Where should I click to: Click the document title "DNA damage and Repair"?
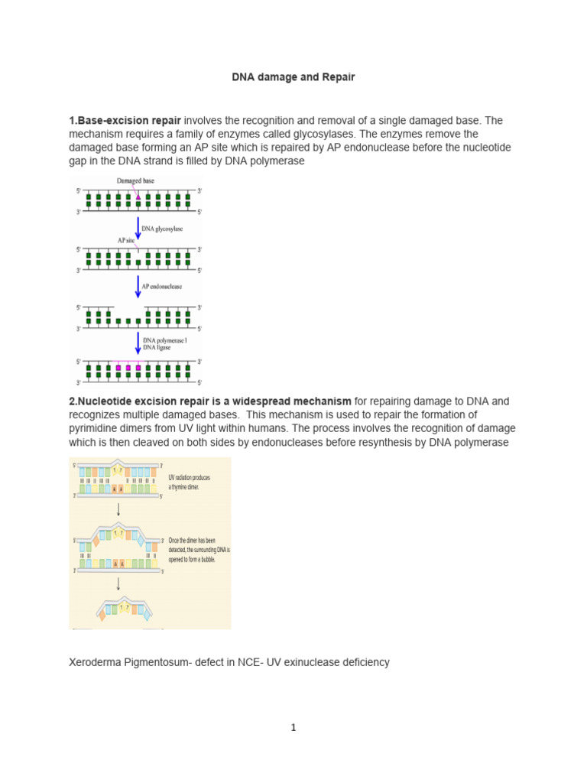coord(293,77)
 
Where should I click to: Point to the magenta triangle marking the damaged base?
coord(138,197)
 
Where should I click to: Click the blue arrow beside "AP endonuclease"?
coord(138,287)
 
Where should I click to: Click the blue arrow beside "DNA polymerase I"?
coord(138,343)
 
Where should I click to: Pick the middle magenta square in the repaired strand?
coord(128,368)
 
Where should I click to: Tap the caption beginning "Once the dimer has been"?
coord(198,549)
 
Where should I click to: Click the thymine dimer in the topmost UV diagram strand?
coord(118,469)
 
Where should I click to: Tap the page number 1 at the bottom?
coord(293,728)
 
